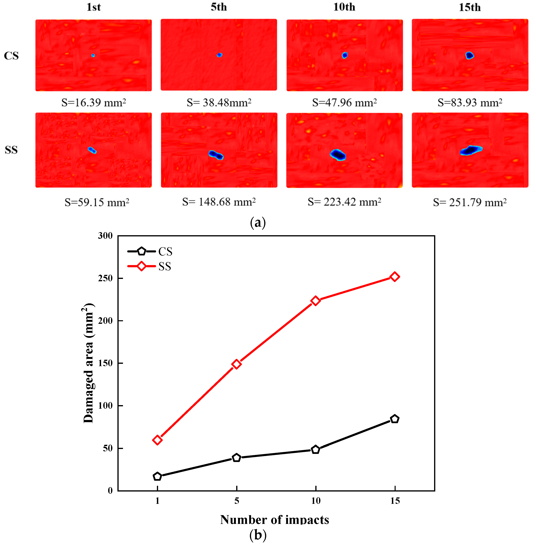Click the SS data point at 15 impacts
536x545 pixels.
tap(395, 277)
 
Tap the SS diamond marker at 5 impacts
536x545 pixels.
tap(237, 364)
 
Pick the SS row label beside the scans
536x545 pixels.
tap(11, 150)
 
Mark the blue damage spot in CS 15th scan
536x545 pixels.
tap(469, 56)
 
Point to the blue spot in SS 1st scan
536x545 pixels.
tap(92, 150)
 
